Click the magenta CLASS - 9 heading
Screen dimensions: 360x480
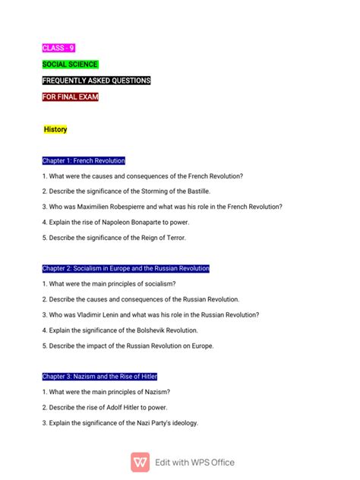58,49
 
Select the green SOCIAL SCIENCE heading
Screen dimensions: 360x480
70,65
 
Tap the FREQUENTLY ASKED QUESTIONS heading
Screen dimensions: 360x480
96,81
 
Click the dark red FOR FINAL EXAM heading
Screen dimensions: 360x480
71,97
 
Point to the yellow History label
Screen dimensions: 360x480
55,130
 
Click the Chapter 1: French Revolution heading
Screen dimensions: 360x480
84,161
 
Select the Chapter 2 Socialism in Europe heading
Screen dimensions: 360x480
125,269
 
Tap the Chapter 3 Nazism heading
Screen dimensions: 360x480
99,377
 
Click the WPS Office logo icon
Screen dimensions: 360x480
140,462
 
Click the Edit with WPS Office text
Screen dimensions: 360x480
194,462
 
